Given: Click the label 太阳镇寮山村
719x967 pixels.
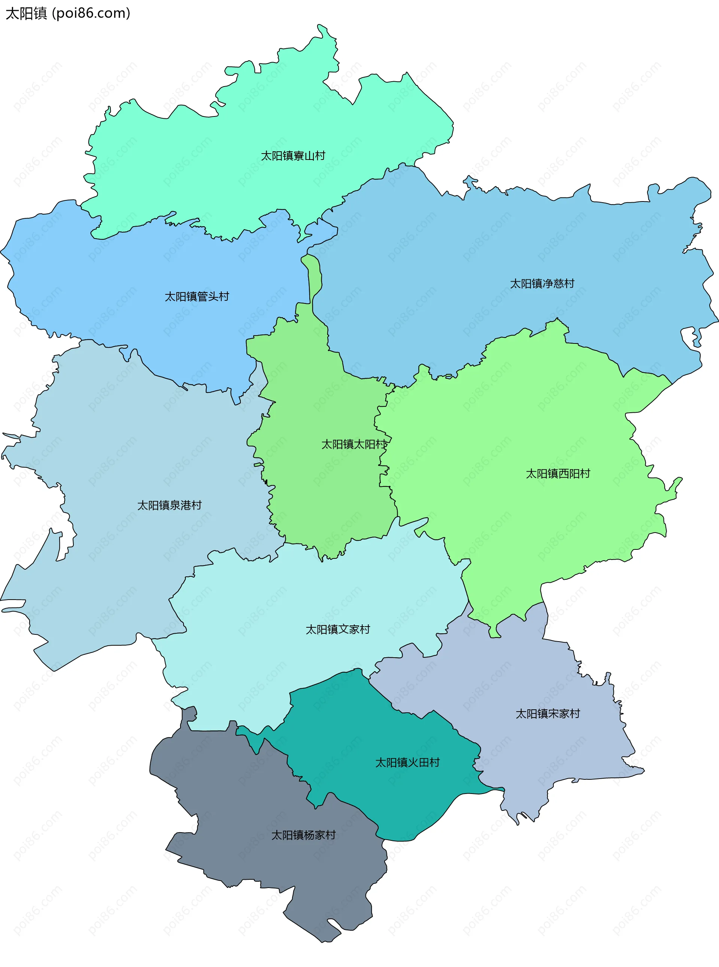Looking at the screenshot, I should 293,156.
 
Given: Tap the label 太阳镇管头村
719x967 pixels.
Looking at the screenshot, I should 197,296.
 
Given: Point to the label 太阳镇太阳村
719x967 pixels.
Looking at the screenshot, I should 354,444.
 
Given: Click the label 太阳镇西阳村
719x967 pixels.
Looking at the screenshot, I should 558,473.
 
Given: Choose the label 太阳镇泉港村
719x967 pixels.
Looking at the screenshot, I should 169,505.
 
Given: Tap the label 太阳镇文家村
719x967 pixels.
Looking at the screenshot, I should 338,629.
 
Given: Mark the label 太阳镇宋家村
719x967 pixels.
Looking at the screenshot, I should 547,714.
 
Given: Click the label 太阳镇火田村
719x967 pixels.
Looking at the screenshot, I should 407,763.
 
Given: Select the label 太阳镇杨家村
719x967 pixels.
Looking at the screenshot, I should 303,835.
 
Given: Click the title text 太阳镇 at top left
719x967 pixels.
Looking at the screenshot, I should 26,13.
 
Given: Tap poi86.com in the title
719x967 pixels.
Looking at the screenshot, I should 91,13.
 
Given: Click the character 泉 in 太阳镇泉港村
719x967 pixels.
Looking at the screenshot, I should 175,505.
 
